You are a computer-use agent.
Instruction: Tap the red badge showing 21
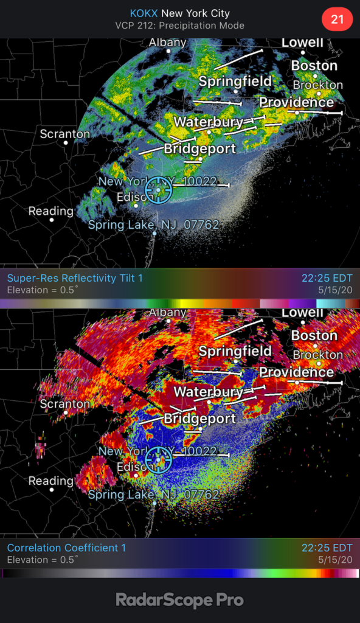337,19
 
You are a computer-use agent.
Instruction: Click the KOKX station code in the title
144,13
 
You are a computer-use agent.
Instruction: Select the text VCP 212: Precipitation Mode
179,26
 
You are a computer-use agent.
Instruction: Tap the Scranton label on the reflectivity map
64,134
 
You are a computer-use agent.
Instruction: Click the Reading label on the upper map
51,211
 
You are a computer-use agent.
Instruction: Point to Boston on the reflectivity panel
314,66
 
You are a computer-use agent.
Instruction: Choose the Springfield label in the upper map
235,82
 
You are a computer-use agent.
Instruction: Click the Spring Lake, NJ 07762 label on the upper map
153,224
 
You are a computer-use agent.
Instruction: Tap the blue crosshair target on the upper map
159,190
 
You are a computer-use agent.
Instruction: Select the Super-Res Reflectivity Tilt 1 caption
75,278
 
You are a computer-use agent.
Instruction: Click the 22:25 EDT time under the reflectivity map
327,278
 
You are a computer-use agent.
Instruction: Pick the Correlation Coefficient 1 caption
66,548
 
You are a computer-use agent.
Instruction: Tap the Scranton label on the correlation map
64,404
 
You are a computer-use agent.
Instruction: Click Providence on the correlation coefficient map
296,372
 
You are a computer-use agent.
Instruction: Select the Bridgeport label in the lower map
199,419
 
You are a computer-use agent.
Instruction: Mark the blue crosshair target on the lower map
159,460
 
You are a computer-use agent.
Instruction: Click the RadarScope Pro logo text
180,600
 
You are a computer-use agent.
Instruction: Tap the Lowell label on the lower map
302,313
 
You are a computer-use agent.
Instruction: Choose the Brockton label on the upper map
317,85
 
